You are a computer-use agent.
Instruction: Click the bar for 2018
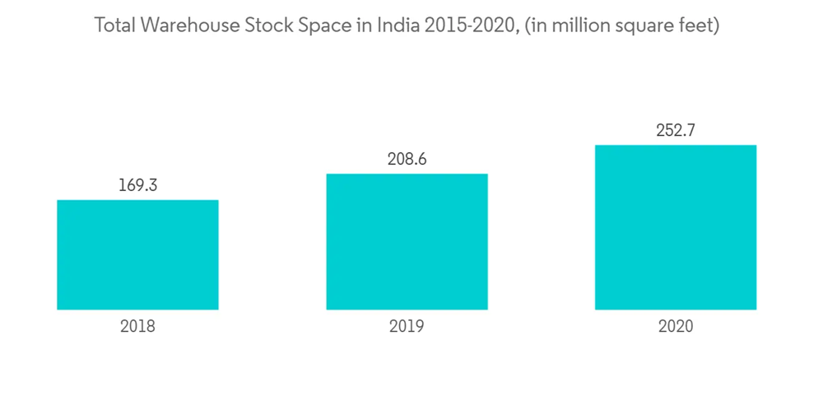point(137,254)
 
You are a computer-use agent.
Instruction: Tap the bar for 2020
point(676,227)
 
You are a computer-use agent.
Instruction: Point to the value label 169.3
point(137,185)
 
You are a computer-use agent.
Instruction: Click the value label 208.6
point(407,159)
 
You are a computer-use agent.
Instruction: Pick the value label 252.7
point(676,130)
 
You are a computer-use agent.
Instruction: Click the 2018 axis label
point(137,326)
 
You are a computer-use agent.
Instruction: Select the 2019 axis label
point(407,326)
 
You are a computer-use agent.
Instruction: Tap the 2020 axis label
point(676,326)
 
